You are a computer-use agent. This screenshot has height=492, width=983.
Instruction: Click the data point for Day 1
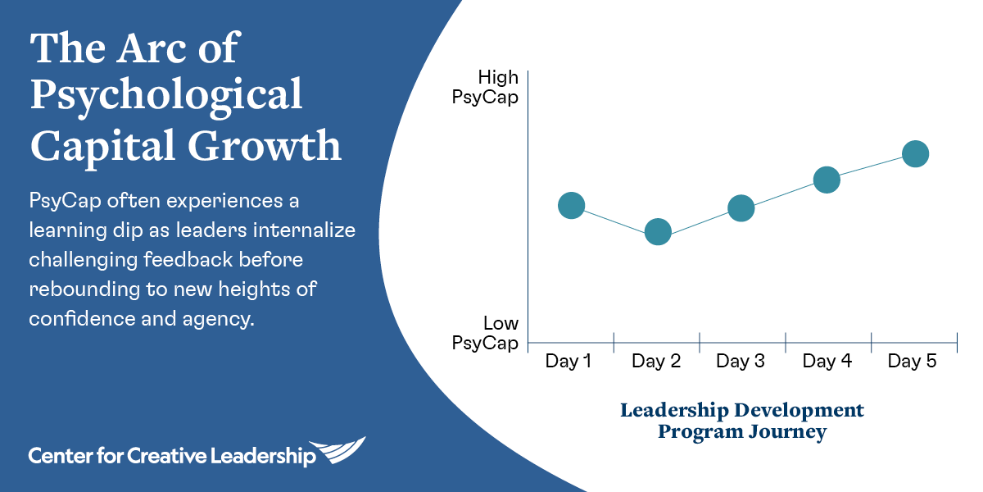click(572, 205)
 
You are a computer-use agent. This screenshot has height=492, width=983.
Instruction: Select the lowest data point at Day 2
click(658, 231)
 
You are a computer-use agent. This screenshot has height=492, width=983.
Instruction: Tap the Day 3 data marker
click(741, 207)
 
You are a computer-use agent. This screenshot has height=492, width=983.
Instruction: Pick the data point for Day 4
click(827, 180)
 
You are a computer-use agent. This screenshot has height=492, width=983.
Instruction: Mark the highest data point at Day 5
click(916, 154)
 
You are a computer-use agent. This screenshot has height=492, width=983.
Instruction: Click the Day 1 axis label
click(569, 361)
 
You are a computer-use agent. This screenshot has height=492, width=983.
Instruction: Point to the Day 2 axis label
click(656, 361)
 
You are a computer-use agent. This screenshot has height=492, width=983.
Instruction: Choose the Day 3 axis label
click(741, 361)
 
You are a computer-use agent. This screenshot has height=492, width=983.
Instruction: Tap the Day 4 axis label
click(827, 361)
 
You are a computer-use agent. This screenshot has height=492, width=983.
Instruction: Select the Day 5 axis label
click(913, 361)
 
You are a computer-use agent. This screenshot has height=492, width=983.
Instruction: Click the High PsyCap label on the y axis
click(485, 88)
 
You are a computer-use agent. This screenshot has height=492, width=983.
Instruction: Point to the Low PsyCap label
click(485, 334)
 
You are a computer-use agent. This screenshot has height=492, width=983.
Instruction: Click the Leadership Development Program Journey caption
click(742, 421)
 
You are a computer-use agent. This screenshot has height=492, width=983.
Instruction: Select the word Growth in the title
click(265, 145)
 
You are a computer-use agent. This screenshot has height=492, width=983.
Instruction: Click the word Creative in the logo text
click(166, 456)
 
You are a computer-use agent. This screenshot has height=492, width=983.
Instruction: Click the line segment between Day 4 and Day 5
click(871, 167)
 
